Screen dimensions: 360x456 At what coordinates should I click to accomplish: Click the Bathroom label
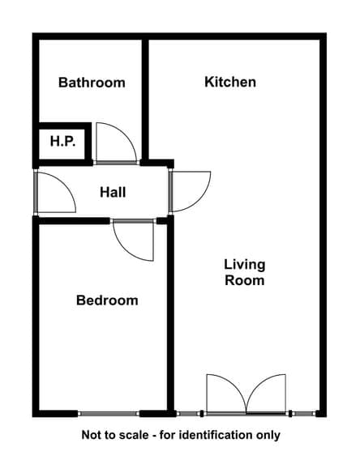coord(92,83)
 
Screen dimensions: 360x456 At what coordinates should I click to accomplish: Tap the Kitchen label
coord(230,82)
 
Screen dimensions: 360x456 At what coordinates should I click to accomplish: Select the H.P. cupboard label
coord(63,142)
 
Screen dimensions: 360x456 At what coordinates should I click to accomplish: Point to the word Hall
coord(113,193)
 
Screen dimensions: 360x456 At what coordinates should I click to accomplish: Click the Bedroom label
coord(107,300)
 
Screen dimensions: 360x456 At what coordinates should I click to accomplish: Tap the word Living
coord(245,265)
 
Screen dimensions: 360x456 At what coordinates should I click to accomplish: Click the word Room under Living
coord(245,280)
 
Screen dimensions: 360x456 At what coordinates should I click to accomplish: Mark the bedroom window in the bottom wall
coord(109,414)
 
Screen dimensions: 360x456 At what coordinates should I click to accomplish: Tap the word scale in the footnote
coord(134,435)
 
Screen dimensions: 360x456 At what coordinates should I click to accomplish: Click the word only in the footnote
coord(268,436)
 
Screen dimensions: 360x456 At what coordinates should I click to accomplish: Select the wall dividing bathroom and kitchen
coord(145,100)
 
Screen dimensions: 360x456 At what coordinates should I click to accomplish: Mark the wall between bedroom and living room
coord(171,316)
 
